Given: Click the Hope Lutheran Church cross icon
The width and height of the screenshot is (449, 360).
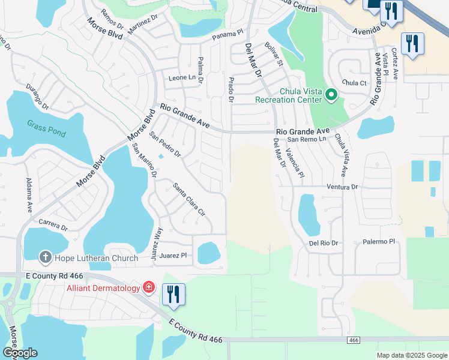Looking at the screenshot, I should point(45,258).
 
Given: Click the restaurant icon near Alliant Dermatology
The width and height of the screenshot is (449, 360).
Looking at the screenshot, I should point(173,294).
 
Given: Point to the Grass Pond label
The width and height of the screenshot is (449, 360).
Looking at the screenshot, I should point(46,128).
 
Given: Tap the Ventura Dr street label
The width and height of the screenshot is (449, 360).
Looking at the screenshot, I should point(342,187).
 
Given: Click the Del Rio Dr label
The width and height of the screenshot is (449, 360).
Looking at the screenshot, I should point(324,243).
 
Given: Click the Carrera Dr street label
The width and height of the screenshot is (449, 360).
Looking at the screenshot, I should point(53,225).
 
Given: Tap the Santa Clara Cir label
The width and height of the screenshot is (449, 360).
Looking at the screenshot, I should point(189,199).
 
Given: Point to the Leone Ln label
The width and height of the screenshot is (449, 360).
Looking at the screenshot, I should point(182,78).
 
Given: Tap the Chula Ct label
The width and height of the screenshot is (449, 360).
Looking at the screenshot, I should point(354,83).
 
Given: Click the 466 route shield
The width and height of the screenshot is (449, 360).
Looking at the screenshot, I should point(353,340).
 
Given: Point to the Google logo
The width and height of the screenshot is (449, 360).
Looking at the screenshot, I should point(20,353).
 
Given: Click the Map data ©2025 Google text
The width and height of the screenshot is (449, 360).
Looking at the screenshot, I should point(411,355).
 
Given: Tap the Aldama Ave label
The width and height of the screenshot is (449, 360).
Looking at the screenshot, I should point(29,196).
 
